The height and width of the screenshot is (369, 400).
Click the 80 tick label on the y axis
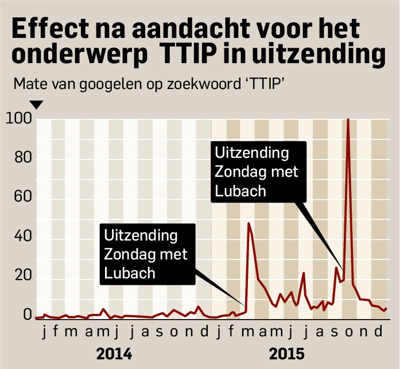(22, 160)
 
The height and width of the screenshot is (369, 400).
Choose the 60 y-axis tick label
(22, 200)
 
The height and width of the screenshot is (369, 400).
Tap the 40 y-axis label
(22, 240)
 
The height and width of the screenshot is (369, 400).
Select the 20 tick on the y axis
(22, 280)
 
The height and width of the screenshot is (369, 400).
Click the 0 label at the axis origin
(26, 315)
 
